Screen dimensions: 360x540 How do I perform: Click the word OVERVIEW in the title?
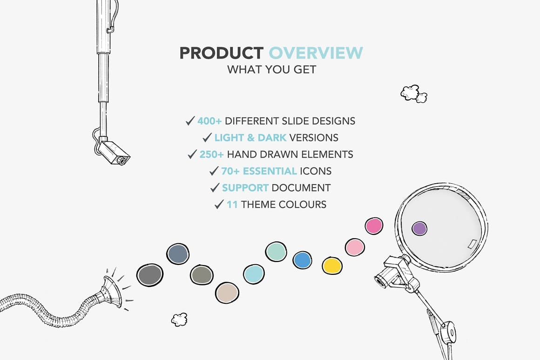pos(316,53)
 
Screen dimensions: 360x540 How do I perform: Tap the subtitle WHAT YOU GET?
pos(271,70)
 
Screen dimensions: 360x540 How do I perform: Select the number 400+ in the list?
pos(209,121)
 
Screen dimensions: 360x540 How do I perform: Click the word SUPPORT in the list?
pos(245,188)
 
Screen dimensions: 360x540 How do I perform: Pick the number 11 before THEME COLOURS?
pos(232,205)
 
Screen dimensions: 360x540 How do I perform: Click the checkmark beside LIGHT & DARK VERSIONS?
pos(207,138)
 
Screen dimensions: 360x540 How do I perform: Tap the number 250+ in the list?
pos(212,154)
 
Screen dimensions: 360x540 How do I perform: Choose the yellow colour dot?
pos(332,265)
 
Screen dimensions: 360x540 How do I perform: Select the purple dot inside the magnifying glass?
pos(419,228)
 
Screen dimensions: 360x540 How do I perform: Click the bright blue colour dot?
pos(302,260)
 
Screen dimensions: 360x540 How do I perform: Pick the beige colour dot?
pos(227,293)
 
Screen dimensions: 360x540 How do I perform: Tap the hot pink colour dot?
pos(374,226)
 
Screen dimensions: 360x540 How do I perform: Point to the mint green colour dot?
pos(276,252)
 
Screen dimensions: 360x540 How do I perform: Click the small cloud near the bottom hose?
pos(179,319)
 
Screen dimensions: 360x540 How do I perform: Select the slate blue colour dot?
pos(178,254)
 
